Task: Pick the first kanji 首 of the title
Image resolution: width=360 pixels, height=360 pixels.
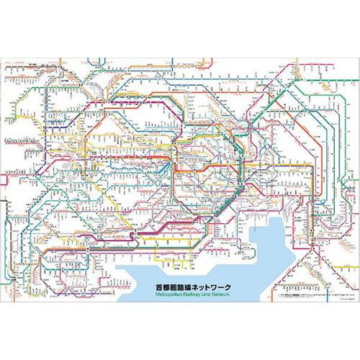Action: (x=160, y=266)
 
